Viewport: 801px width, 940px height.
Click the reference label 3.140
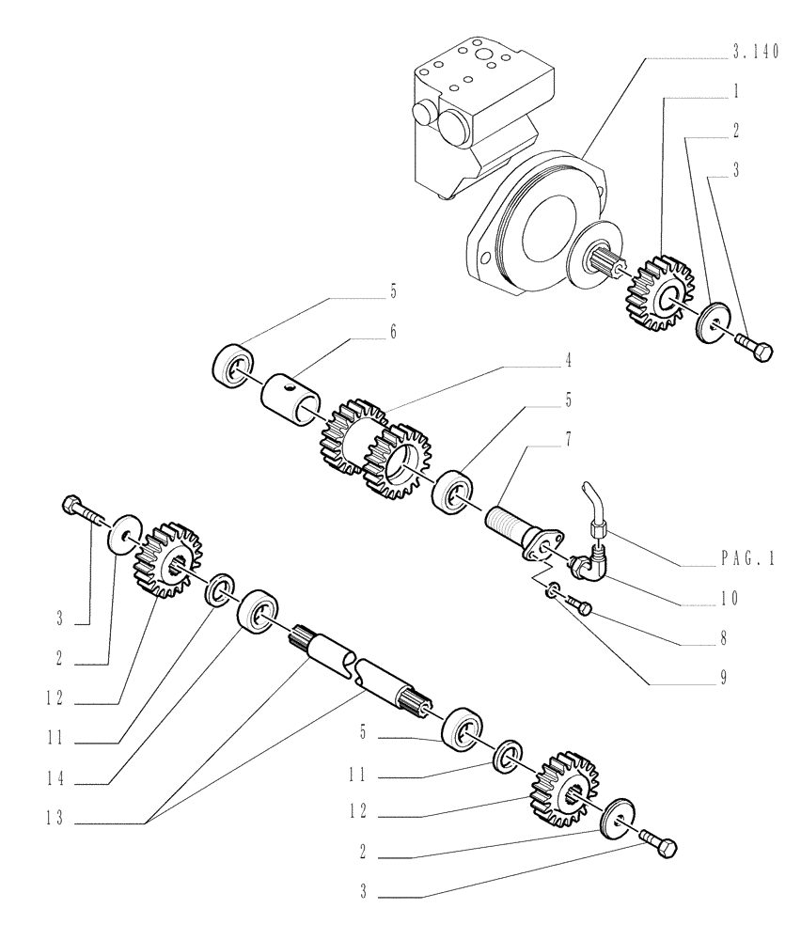pyautogui.click(x=756, y=55)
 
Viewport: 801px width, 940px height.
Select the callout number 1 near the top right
pyautogui.click(x=737, y=93)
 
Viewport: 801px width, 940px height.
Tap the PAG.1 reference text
pyautogui.click(x=744, y=558)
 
